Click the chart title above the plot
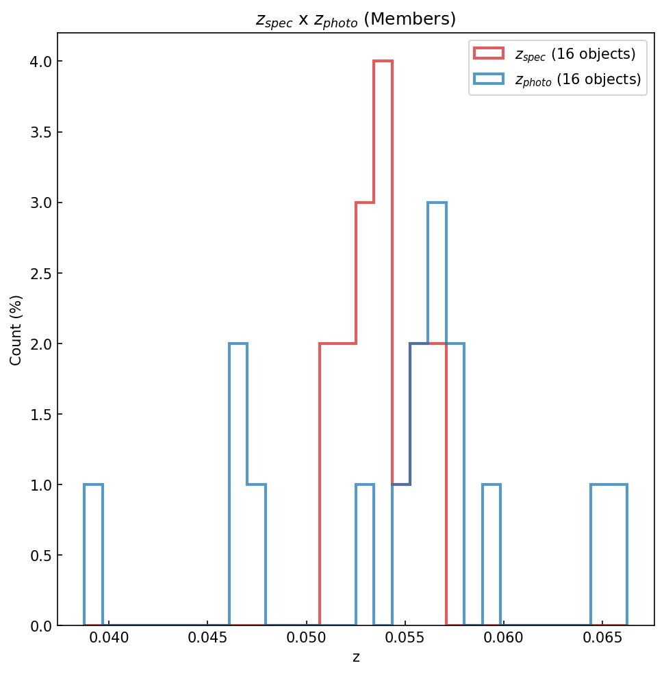coord(355,19)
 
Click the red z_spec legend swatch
coord(488,53)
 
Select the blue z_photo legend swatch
coord(488,79)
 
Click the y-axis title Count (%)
coord(16,330)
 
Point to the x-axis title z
coord(355,658)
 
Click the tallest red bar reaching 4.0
coord(383,342)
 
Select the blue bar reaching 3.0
coord(437,411)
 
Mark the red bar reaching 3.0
coord(365,411)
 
